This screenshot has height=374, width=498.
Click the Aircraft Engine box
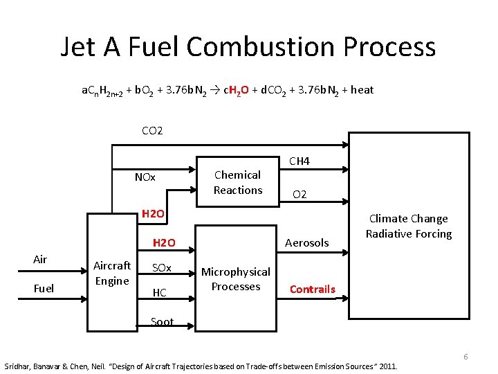point(111,272)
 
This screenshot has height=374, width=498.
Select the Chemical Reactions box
point(237,182)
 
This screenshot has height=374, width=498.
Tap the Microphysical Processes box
point(236,279)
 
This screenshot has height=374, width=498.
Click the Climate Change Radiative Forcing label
point(408,226)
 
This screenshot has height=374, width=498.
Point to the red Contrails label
point(312,289)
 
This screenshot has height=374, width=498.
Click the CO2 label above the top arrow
point(151,130)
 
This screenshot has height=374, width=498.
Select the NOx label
point(145,177)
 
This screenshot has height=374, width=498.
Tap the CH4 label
point(299,161)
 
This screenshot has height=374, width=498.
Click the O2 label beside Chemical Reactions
point(299,195)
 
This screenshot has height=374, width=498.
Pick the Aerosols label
point(307,242)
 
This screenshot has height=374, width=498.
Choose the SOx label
point(161,268)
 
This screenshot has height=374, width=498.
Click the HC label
point(159,293)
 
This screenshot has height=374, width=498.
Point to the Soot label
point(162,321)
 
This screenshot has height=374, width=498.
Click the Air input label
point(41,260)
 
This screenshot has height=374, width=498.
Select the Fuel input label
point(44,288)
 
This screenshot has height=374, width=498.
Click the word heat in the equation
point(362,89)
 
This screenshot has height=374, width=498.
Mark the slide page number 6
point(465,357)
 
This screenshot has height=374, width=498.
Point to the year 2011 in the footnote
point(387,365)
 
